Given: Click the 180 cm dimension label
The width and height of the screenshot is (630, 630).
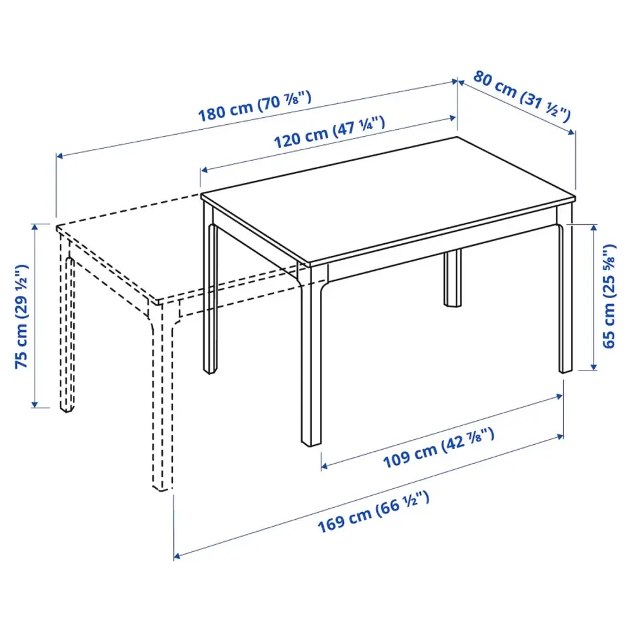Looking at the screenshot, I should click(x=255, y=107).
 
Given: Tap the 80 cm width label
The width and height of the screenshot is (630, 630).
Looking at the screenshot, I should click(x=522, y=96).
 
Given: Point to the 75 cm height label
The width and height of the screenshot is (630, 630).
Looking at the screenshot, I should click(x=22, y=316).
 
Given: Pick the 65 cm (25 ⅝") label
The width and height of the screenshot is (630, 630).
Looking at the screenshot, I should click(x=609, y=296).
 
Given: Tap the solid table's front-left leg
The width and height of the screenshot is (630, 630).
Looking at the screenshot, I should click(x=210, y=296).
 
